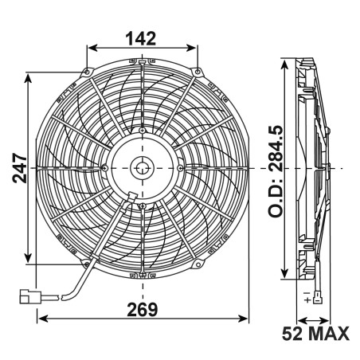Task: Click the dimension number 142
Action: coord(140,37)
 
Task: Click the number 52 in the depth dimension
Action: coord(292,333)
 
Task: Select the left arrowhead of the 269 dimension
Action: coord(42,317)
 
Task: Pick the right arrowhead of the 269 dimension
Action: coord(245,317)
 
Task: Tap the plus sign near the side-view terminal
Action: coord(308,303)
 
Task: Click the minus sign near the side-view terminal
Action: coord(307,295)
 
